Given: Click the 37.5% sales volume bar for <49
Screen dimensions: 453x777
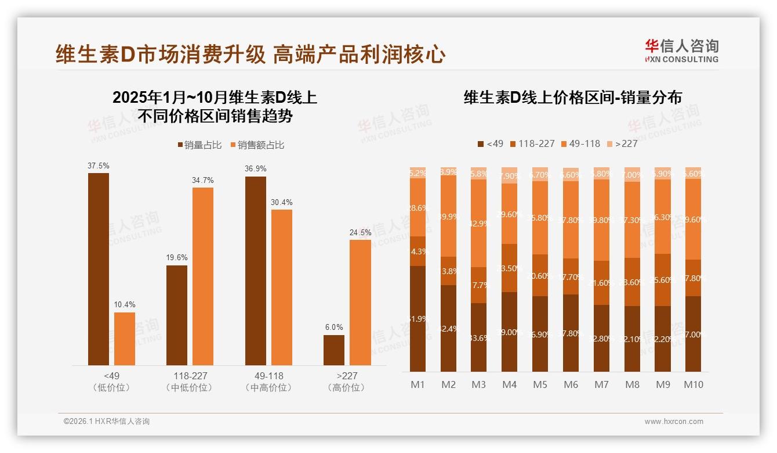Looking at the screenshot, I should coord(98,269).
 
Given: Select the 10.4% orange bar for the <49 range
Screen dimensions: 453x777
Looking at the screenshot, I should coord(124,339).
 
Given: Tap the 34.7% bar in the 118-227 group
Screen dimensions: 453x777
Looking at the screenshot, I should coord(202,276).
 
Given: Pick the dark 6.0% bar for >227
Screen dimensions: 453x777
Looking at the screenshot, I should coord(333,350).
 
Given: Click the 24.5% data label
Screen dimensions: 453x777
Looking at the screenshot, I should coord(360,232).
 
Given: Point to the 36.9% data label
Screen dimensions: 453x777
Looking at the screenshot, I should coord(255,169).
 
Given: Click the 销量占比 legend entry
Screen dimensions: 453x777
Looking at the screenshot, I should coord(199,145).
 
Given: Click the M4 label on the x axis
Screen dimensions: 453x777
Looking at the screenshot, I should coord(509,384).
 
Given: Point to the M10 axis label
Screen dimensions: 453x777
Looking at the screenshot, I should coord(693,384).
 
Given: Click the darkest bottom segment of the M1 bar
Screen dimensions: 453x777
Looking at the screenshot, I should coord(417,318).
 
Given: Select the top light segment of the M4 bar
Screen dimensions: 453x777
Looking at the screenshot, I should coord(509,175).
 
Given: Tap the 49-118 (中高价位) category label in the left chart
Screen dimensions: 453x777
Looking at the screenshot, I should coord(268,382).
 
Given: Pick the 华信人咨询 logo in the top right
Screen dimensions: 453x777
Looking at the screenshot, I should coord(681,51).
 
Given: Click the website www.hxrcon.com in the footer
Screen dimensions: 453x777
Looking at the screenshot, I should coord(674,422).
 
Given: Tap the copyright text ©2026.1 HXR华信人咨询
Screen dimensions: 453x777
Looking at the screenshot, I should coord(107,422).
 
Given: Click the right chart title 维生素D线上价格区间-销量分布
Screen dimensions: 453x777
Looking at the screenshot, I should coord(572,98).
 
